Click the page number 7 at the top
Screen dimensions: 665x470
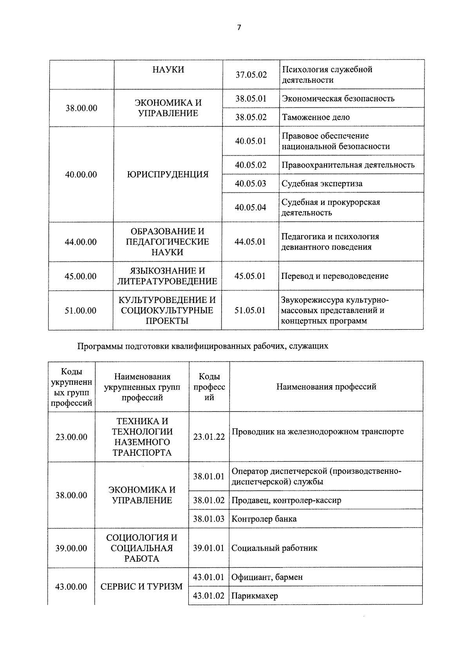point(239,27)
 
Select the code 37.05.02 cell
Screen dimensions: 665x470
point(251,74)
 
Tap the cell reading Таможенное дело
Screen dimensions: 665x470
point(316,117)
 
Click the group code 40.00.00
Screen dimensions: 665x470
point(81,174)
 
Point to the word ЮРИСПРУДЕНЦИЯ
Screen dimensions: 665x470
point(168,174)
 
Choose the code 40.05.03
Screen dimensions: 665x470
point(251,183)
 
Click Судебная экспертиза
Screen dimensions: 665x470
point(322,183)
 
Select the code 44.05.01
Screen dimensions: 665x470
point(250,242)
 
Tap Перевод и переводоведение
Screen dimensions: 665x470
point(335,276)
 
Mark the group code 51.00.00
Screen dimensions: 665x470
point(81,310)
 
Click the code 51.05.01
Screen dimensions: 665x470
point(250,310)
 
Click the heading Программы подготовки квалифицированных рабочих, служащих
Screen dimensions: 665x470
point(203,346)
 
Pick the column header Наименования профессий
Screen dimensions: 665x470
point(326,387)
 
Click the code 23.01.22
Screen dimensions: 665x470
point(209,437)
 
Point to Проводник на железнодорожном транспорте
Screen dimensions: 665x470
point(318,431)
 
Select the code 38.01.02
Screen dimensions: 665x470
point(209,500)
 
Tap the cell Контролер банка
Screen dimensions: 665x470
point(264,519)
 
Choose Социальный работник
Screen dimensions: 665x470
point(274,548)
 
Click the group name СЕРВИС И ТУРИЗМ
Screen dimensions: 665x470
point(141,587)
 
